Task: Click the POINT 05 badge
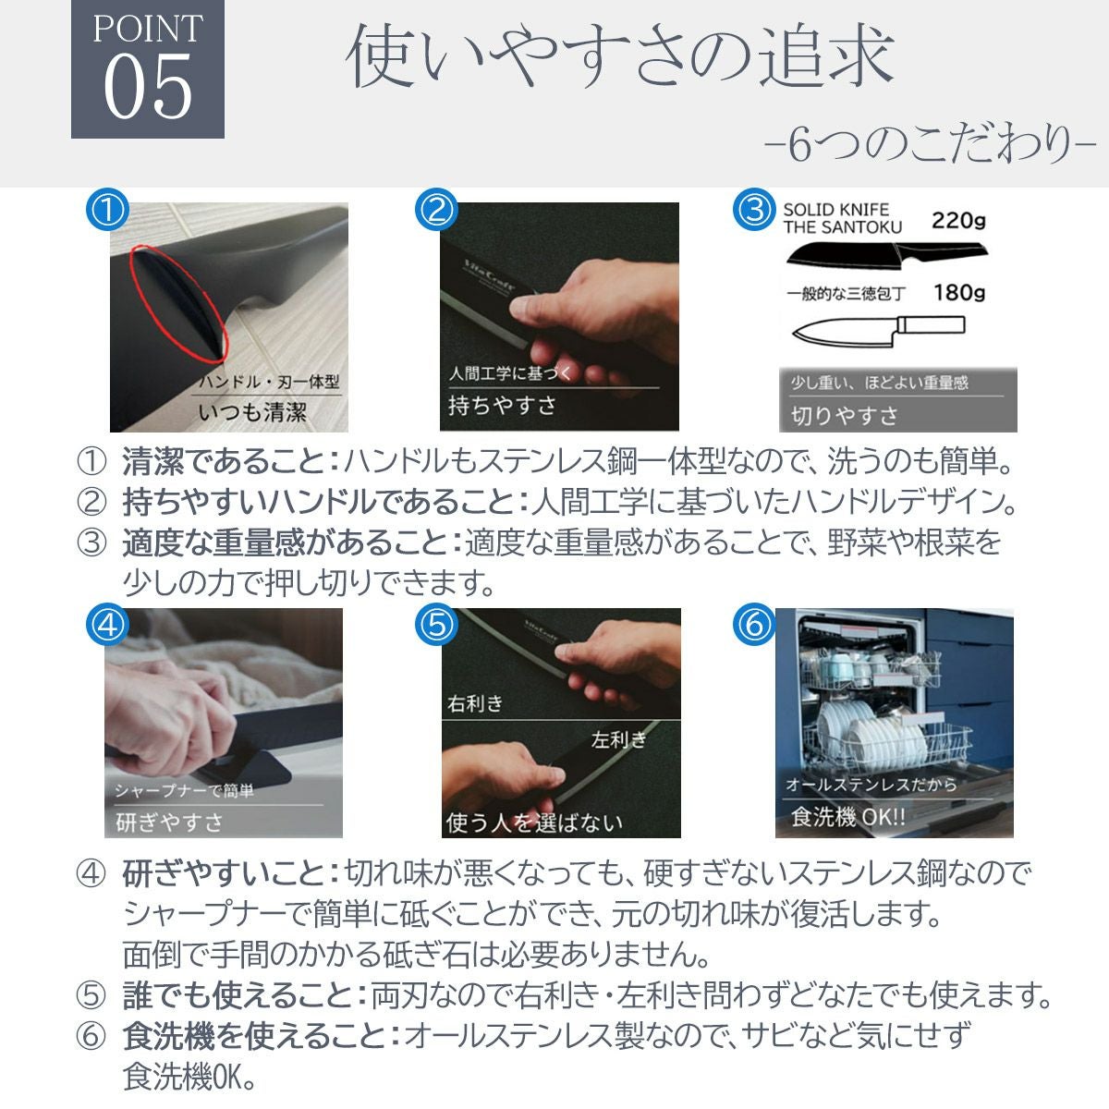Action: [147, 68]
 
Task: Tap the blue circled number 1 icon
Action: [107, 210]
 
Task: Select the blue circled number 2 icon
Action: [436, 210]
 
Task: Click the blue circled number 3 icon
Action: [754, 210]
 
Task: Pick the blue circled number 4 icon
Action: [107, 625]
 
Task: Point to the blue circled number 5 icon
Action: [436, 625]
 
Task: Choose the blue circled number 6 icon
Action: [754, 625]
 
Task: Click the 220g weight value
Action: [958, 221]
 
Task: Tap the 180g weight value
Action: [958, 292]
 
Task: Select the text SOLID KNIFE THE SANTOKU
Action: [842, 219]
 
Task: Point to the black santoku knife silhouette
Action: [886, 255]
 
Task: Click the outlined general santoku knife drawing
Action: [878, 331]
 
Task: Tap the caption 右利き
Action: [475, 703]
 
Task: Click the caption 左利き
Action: [618, 739]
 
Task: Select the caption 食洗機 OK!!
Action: [847, 817]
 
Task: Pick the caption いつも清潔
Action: [252, 412]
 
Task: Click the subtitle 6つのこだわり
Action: [930, 145]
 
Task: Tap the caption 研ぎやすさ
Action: [169, 822]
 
